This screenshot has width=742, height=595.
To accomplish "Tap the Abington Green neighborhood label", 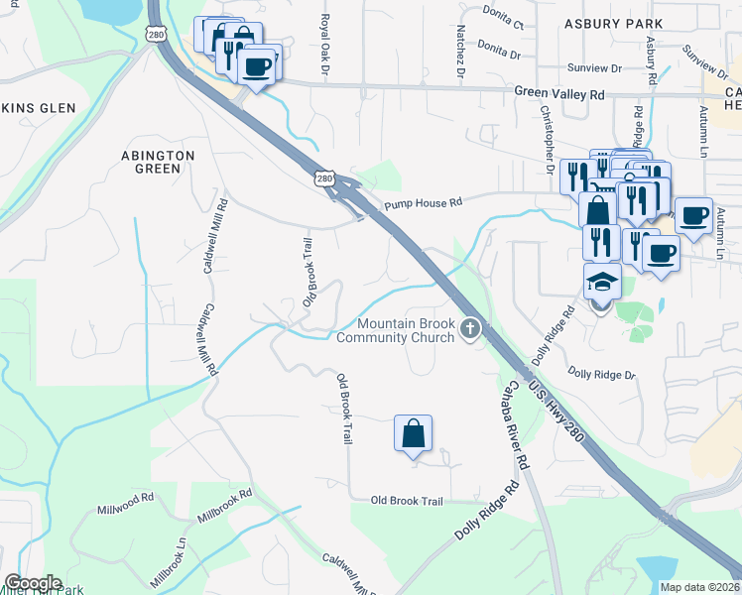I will (158, 162).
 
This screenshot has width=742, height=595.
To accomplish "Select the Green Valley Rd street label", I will (559, 93).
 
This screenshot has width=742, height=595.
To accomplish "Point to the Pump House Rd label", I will (424, 202).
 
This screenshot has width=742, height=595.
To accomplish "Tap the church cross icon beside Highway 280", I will (470, 330).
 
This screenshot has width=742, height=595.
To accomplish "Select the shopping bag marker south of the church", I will (413, 434).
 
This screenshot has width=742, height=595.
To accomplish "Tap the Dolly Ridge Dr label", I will (601, 374).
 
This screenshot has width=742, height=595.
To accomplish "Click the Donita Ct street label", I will (501, 19).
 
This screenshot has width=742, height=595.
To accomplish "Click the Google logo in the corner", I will (32, 583).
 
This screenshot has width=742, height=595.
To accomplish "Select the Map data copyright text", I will (698, 587).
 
